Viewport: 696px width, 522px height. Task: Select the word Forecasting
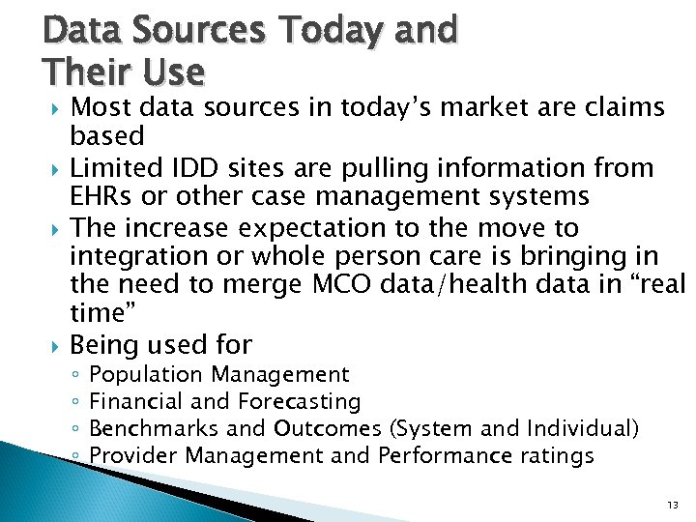[301, 401]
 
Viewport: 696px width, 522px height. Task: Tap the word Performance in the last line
[438, 455]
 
